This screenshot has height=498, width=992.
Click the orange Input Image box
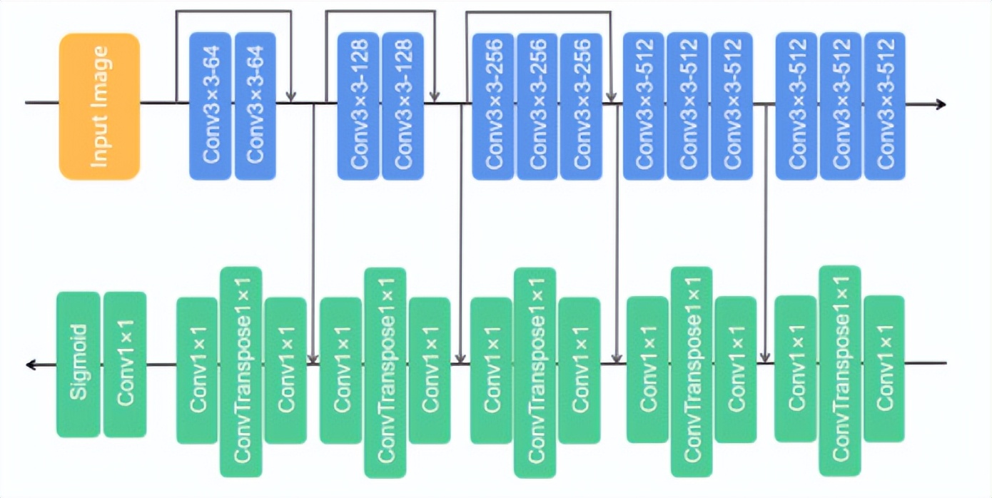pos(99,106)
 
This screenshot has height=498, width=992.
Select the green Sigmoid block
pos(79,364)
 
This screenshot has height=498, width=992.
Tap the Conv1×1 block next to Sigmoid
pos(125,364)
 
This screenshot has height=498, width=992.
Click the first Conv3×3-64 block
pos(211,106)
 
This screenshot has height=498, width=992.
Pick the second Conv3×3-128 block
pos(403,106)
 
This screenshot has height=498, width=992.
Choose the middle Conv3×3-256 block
pos(537,106)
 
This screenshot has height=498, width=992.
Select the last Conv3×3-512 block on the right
pos(884,106)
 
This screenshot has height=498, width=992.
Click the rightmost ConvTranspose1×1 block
pos(840,371)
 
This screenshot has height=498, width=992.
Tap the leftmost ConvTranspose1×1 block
pos(241,371)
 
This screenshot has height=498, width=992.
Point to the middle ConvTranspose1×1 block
pos(535,371)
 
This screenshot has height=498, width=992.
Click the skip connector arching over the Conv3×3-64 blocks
pos(233,11)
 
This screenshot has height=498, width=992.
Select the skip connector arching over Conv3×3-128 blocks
pos(380,11)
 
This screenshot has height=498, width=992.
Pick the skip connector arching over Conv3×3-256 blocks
pos(538,11)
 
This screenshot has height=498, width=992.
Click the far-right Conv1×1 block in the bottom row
pos(884,368)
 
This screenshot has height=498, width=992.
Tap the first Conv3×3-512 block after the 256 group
pos(644,106)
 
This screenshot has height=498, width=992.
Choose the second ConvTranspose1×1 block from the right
pos(692,371)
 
